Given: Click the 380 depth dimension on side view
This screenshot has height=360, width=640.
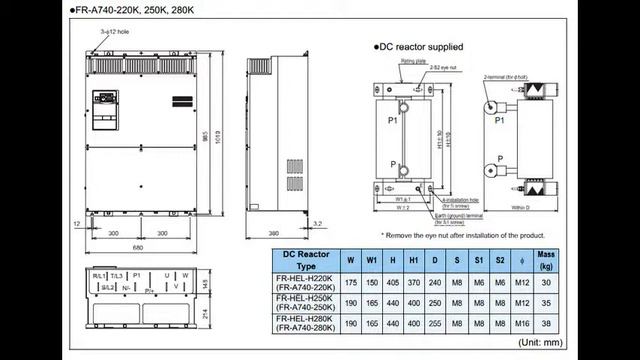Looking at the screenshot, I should click(x=273, y=234).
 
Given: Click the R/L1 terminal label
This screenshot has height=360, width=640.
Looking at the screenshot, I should click(x=99, y=275).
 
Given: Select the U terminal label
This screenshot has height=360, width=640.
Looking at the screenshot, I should click(x=167, y=275).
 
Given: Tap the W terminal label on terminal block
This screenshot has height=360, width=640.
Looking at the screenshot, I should click(x=185, y=275).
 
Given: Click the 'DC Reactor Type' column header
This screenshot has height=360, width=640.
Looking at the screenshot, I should click(x=306, y=261).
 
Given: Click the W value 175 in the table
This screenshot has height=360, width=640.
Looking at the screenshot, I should click(x=351, y=283).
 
